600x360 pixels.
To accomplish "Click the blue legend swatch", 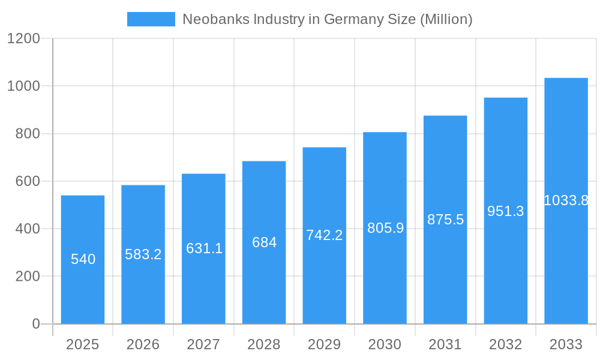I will pos(151,19).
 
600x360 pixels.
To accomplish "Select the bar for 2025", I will pos(83,288).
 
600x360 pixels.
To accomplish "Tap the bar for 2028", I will pos(264,282).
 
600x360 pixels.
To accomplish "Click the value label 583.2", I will pos(143,254).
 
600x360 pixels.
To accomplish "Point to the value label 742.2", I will pos(325,235).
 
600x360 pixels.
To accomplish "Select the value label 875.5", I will pos(445,220).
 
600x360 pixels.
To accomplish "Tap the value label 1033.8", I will pos(566,200).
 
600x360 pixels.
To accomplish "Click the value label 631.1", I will pos(204,248).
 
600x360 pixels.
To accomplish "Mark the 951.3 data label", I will pos(506,211).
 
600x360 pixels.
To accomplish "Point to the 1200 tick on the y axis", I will pos(23,39).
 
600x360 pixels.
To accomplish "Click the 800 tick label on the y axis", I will pos(28,134).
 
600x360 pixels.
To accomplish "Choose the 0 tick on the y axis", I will pos(35,324).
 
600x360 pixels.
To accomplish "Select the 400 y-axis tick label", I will pos(28,229).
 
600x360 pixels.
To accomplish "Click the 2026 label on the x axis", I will pos(143,344).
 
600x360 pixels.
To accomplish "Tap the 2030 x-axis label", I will pos(385,344).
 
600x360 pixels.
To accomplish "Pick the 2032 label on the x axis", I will pos(506,344).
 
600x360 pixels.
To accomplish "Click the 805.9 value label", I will pos(385,228).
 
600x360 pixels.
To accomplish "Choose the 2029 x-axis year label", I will pos(325,344).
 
